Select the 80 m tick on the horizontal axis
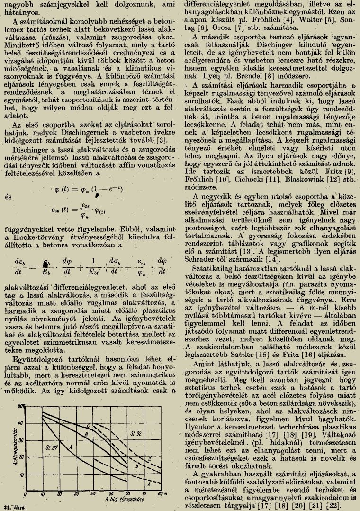point(160,496)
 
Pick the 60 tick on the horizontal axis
point(128,496)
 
